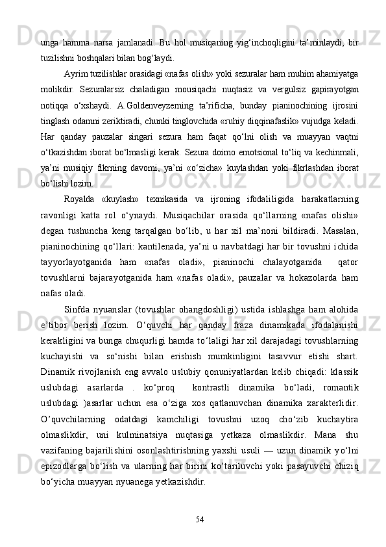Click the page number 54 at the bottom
coord(199,518)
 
